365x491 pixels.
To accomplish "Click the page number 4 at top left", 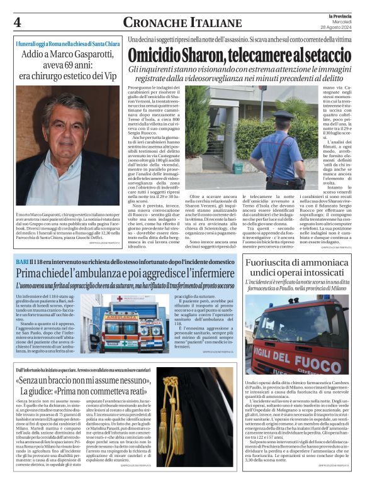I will pyautogui.click(x=17, y=23).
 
